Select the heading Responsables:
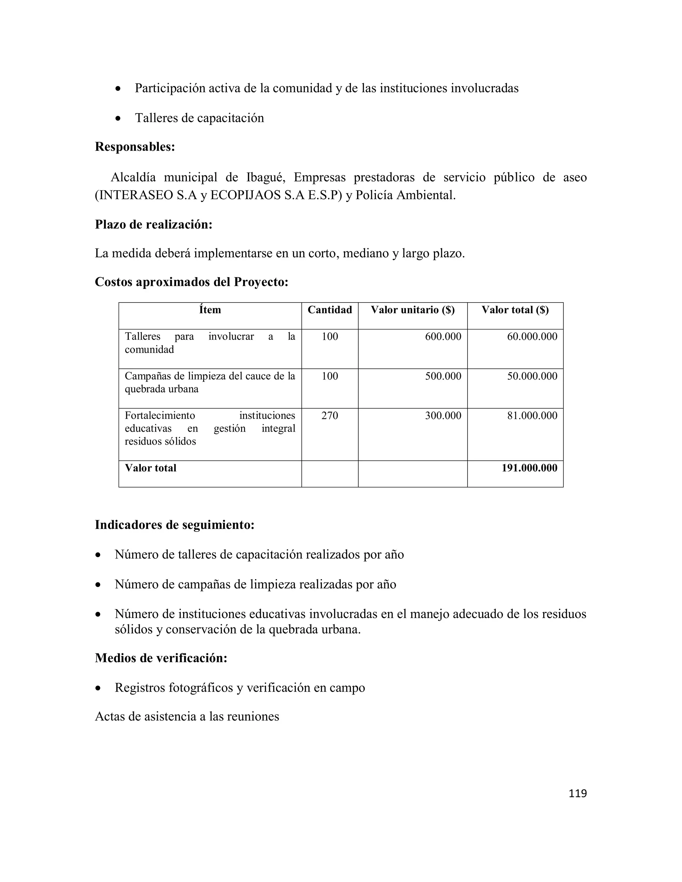pos(135,147)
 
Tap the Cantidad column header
pos(330,310)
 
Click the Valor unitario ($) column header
pos(413,310)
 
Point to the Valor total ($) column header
pos(515,310)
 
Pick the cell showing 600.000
pos(443,336)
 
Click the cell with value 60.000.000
pos(532,336)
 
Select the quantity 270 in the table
pos(330,416)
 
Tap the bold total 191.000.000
pos(529,468)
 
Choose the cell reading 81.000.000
pos(532,416)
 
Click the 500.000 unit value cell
pos(443,376)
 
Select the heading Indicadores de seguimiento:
pos(174,525)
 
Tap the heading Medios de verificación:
pos(161,658)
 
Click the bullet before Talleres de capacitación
pos(118,119)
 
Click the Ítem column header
pos(210,310)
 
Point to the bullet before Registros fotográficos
pos(98,688)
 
